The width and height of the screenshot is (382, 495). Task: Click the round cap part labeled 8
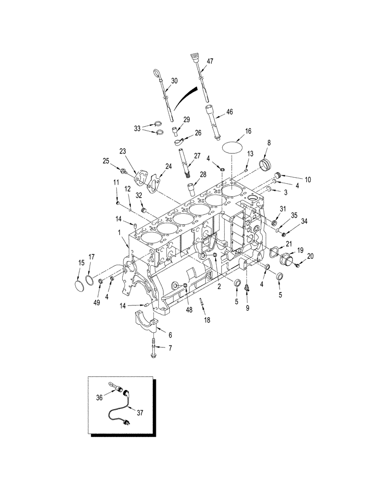tap(267, 164)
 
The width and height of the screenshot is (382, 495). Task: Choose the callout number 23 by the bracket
tap(123, 151)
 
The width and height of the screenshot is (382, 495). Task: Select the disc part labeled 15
tap(78, 287)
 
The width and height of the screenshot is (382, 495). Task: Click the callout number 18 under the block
tap(207, 320)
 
